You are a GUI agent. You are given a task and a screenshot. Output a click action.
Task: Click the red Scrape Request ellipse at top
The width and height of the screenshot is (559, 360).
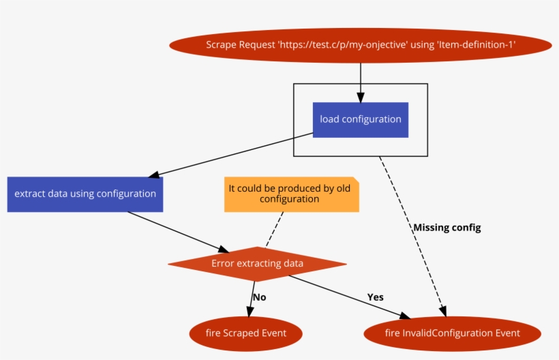click(360, 45)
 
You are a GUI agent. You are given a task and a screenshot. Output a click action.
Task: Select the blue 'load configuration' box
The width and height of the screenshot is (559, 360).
click(360, 119)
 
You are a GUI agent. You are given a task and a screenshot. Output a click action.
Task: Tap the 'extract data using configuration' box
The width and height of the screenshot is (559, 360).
click(85, 194)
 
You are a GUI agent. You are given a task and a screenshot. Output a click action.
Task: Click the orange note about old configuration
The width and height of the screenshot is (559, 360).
click(290, 194)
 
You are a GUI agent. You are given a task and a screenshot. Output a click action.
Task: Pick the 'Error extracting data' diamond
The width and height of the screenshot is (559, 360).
click(257, 264)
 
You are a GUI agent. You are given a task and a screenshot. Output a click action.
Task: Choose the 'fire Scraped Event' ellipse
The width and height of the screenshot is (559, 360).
click(245, 333)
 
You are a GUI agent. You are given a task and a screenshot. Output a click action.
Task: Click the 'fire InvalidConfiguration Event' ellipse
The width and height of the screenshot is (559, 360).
click(452, 333)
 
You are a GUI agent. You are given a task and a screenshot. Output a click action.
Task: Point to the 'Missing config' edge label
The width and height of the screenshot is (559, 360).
click(447, 228)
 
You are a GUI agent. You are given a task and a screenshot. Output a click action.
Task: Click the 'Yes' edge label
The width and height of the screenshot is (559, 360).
click(376, 297)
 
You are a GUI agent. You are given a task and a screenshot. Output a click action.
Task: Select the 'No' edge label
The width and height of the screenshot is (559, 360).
click(259, 297)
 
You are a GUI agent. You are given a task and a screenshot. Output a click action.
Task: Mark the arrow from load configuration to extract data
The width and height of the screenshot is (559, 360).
click(232, 155)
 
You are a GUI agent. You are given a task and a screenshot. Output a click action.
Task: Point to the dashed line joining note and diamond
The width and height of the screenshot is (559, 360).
click(274, 229)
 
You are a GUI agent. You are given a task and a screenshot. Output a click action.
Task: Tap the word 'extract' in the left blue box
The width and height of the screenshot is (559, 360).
click(31, 194)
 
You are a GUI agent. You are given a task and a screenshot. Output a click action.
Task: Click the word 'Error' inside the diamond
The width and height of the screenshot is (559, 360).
click(223, 264)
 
